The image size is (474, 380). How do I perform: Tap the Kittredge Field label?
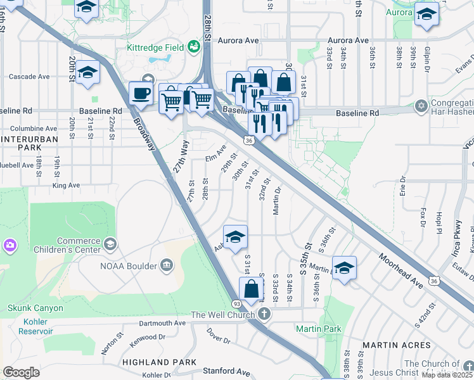(155, 47)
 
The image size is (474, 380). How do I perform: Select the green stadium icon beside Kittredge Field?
(193, 46)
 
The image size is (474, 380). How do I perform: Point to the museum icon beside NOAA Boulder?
(167, 263)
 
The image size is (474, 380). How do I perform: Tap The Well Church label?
(223, 315)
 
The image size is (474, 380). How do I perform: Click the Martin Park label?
(318, 329)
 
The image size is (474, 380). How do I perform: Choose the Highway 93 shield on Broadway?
(235, 304)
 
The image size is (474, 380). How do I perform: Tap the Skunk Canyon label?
(35, 308)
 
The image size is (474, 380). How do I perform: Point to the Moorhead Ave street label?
(400, 268)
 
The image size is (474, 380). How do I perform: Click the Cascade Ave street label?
(29, 77)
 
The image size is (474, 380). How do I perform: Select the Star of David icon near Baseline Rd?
(420, 105)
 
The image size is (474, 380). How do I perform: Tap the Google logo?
(21, 372)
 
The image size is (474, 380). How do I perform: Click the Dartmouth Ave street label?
(163, 322)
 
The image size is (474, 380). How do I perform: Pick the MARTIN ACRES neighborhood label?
(397, 345)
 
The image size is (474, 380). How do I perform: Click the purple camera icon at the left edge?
(10, 245)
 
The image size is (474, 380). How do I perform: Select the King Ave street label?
(67, 186)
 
